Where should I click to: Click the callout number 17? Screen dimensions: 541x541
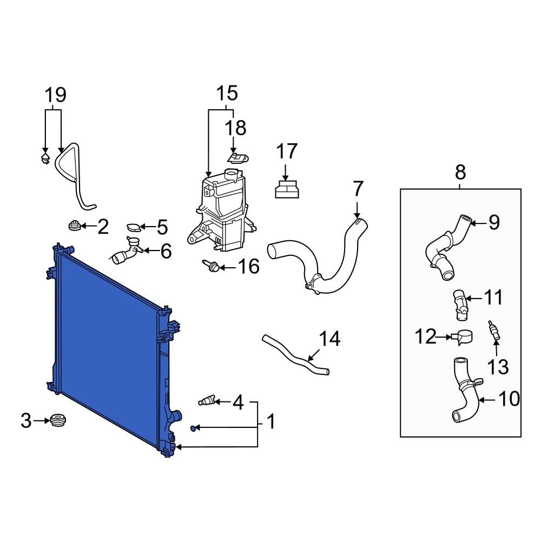tap(287, 151)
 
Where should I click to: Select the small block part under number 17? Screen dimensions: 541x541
tap(286, 190)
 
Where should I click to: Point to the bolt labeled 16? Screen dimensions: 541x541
tap(210, 266)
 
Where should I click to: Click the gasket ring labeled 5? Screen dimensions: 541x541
tap(133, 228)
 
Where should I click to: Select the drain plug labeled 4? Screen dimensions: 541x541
tap(207, 401)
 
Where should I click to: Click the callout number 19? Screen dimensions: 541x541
tap(55, 95)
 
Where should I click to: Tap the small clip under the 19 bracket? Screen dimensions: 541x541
tap(45, 158)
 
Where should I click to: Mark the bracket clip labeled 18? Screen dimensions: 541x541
tap(236, 157)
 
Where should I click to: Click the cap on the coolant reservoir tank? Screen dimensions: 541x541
tap(232, 176)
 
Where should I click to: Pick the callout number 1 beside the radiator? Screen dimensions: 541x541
tap(270, 421)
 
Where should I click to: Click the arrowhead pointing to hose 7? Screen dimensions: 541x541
tap(357, 216)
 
